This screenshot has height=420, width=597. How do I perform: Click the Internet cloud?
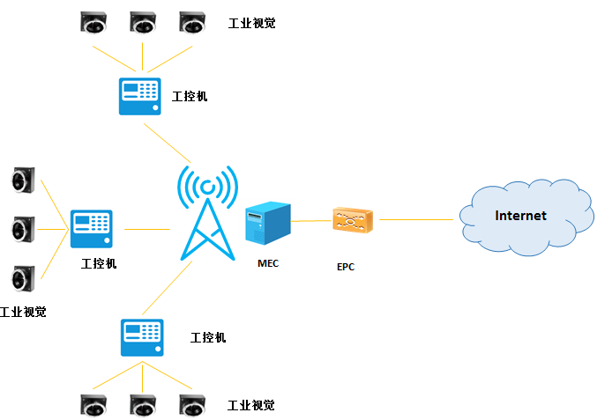pos(522,216)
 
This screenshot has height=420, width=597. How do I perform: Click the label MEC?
pos(268,263)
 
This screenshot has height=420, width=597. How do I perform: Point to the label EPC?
pos(346,267)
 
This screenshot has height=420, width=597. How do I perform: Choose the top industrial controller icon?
pos(139,96)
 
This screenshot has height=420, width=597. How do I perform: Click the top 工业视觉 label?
pos(251,23)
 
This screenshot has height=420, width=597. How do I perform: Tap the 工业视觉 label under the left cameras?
pos(23,312)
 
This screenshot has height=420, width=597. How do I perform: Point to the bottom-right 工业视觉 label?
pos(251,406)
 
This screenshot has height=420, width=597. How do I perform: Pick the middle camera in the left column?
pos(22,230)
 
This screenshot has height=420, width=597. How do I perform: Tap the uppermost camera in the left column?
pos(22,181)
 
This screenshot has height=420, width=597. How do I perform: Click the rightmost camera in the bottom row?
pos(191,405)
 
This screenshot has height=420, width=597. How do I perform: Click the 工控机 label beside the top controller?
pos(190,96)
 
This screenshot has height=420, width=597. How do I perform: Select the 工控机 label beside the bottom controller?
pos(208,337)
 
